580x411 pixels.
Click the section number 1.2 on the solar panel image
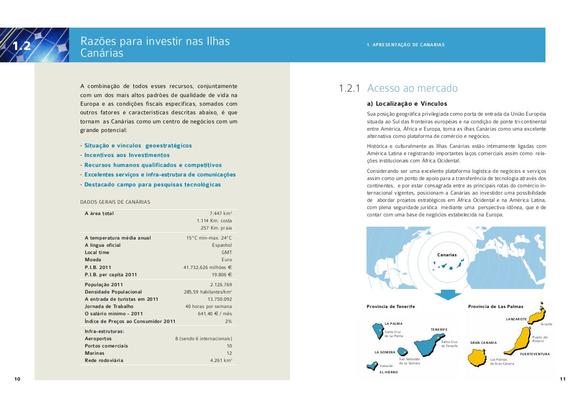pyautogui.click(x=21, y=46)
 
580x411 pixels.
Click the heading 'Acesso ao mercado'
pyautogui.click(x=412, y=88)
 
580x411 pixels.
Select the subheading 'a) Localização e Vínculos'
pyautogui.click(x=407, y=104)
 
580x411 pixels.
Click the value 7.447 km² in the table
pyautogui.click(x=220, y=213)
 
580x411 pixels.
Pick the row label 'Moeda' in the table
pyautogui.click(x=93, y=260)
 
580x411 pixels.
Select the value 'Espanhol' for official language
pyautogui.click(x=222, y=245)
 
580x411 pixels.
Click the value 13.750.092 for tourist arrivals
pyautogui.click(x=219, y=299)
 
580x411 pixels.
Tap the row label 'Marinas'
pyautogui.click(x=94, y=353)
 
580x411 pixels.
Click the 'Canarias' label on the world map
pyautogui.click(x=447, y=255)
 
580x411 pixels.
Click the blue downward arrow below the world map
pyautogui.click(x=448, y=294)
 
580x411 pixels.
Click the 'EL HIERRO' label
pyautogui.click(x=388, y=372)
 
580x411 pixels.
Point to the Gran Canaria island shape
pyautogui.click(x=478, y=357)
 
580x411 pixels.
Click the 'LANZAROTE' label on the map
pyautogui.click(x=516, y=319)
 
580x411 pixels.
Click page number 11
pyautogui.click(x=562, y=379)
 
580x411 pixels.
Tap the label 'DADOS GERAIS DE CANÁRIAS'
pyautogui.click(x=115, y=202)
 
